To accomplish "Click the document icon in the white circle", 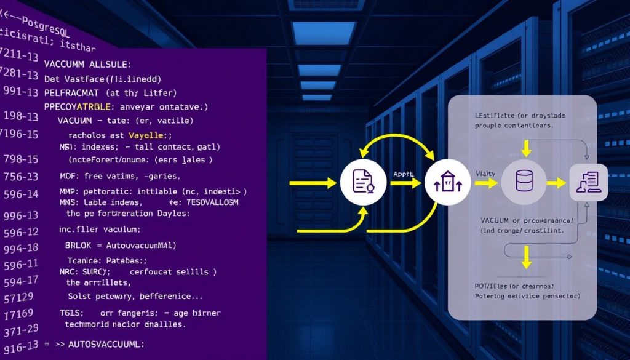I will pyautogui.click(x=359, y=182).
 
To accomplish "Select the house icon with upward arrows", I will pyautogui.click(x=444, y=182).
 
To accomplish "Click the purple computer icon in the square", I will pyautogui.click(x=588, y=182).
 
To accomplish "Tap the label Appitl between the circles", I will pyautogui.click(x=403, y=174).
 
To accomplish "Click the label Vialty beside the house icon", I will pyautogui.click(x=485, y=175).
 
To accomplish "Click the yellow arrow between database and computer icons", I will pyautogui.click(x=556, y=183).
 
